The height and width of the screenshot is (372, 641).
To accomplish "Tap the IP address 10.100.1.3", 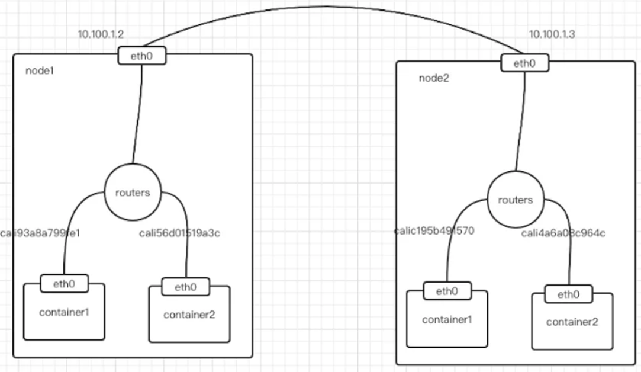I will pos(552,34).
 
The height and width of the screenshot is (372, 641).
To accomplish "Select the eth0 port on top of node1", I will pos(142,56).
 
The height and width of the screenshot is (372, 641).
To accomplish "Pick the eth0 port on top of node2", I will pos(524,63).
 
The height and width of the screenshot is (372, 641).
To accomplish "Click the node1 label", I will pos(39,70).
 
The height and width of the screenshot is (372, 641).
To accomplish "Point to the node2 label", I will pos(434,78).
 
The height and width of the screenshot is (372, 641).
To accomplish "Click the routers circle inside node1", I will pos(133,193).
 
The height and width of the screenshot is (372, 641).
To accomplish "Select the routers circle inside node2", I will pos(515,200).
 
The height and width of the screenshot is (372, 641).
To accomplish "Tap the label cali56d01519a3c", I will pos(179,233).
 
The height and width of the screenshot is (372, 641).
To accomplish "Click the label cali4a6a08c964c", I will pos(563,233).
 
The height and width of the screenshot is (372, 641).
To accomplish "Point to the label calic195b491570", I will pos(434,230).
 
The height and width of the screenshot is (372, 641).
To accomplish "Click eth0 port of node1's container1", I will pos(65,284).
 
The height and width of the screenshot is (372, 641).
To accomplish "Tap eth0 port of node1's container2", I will pos(185,287).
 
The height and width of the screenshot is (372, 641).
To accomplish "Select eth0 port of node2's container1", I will pos(447,291).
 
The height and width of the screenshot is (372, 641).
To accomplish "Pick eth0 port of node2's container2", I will pos(568,294).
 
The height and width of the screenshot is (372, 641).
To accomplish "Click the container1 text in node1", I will pos(64,312).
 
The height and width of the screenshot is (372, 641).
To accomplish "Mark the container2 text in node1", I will pos(189,315).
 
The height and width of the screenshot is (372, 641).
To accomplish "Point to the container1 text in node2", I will pos(447,320).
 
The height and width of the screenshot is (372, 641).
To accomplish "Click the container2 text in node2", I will pos(572,322).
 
